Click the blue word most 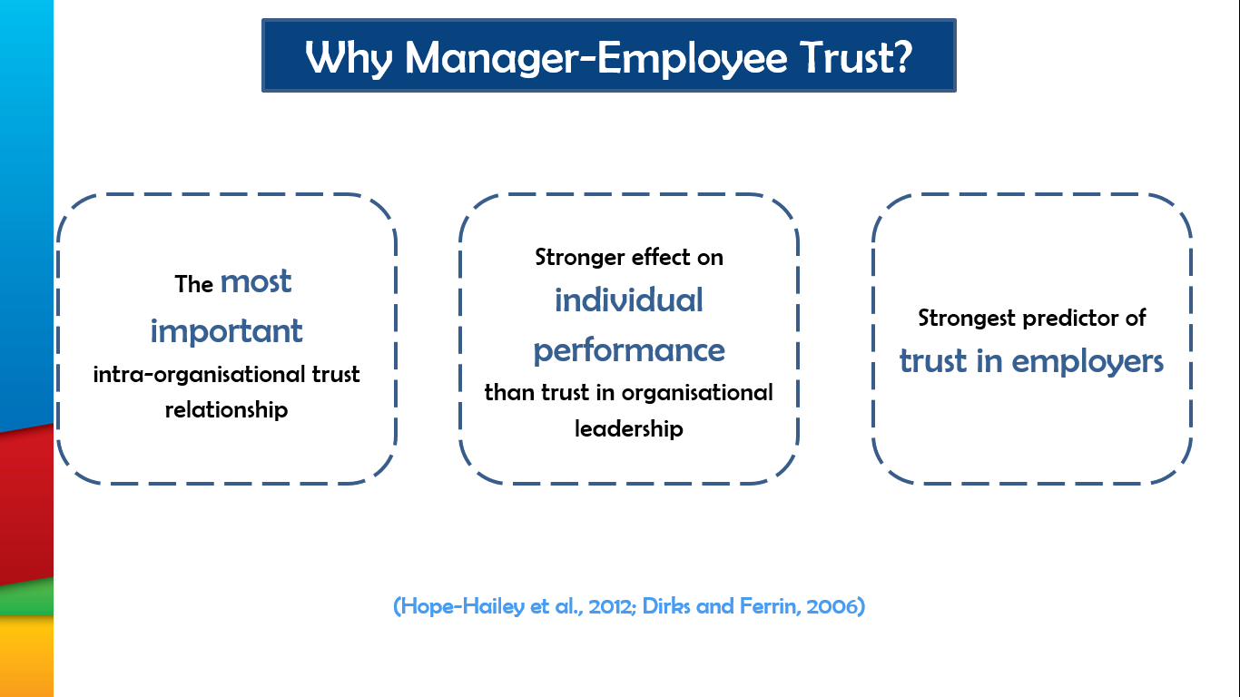[x=256, y=281]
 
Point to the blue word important [x=226, y=331]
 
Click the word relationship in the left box [x=226, y=410]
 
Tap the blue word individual [x=629, y=300]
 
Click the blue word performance [x=629, y=351]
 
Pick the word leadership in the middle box [x=629, y=428]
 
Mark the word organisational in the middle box [x=697, y=393]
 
